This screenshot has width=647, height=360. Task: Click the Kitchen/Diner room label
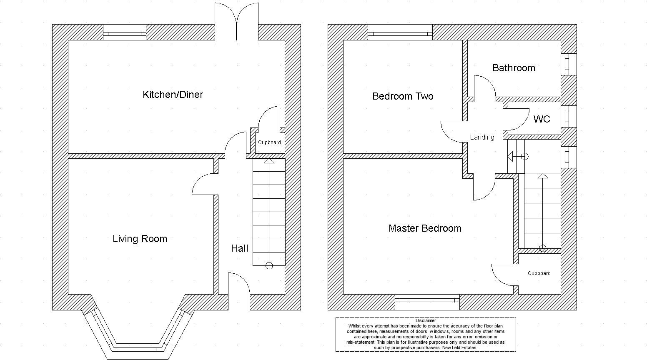tap(173, 95)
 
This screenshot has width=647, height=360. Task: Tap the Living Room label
tap(140, 239)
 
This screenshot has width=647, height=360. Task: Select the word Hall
tap(239, 248)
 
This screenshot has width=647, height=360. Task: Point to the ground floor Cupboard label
tap(269, 142)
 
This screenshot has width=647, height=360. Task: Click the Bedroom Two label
tap(403, 96)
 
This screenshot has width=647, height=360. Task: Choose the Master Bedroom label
tap(425, 228)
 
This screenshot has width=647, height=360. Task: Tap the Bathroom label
tap(514, 68)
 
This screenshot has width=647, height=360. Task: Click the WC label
tap(542, 119)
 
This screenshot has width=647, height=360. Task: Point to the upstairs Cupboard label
tap(539, 273)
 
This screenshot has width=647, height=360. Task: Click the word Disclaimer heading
tap(426, 320)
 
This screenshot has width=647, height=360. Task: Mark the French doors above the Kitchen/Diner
tap(236, 22)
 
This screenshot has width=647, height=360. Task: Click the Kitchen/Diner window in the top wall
tap(125, 32)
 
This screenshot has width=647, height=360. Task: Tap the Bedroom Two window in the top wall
tap(400, 32)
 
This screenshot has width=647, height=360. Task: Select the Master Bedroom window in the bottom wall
tap(427, 302)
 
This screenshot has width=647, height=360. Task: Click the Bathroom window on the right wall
tap(569, 65)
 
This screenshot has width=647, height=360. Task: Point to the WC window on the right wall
tap(569, 116)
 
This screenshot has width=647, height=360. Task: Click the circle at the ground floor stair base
tap(269, 265)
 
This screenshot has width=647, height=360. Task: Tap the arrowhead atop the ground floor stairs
tap(269, 161)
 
